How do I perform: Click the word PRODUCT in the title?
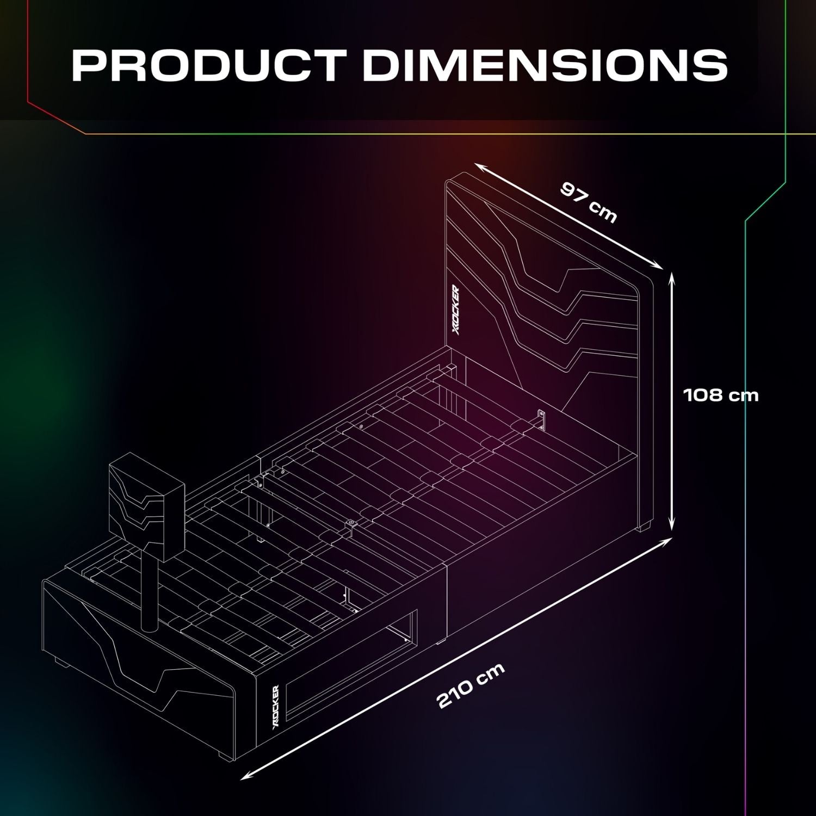pyautogui.click(x=209, y=65)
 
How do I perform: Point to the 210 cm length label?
pyautogui.click(x=471, y=685)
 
